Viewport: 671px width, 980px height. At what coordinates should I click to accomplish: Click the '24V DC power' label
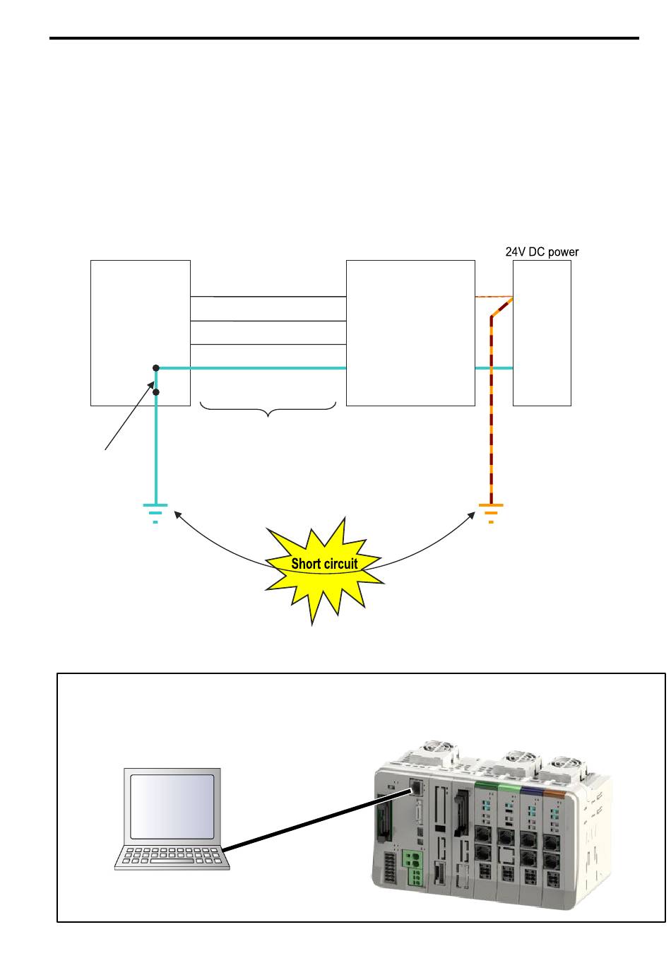coord(542,252)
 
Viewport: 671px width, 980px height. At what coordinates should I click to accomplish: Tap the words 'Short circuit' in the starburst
coord(324,564)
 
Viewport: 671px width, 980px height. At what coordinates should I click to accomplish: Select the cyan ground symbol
coord(155,514)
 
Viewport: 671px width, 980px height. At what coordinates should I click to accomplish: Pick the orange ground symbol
coord(491,514)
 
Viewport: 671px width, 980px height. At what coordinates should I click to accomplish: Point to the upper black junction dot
coord(155,368)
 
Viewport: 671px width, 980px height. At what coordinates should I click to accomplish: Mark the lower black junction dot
coord(155,392)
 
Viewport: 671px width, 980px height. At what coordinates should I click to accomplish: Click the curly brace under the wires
coord(268,410)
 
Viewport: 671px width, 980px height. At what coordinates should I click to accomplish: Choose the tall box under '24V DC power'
coord(542,333)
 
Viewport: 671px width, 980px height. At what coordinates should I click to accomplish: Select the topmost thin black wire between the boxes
coord(268,297)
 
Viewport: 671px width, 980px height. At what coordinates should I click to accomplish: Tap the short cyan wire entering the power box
coord(494,368)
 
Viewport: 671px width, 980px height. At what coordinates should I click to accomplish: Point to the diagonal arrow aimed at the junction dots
coord(130,415)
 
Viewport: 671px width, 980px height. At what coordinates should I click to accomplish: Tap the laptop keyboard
coord(172,856)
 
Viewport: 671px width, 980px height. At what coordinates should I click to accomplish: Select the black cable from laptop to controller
coord(319,819)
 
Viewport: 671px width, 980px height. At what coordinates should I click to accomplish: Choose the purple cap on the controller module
coord(531,790)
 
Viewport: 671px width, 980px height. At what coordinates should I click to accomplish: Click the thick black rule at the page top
coord(344,38)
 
